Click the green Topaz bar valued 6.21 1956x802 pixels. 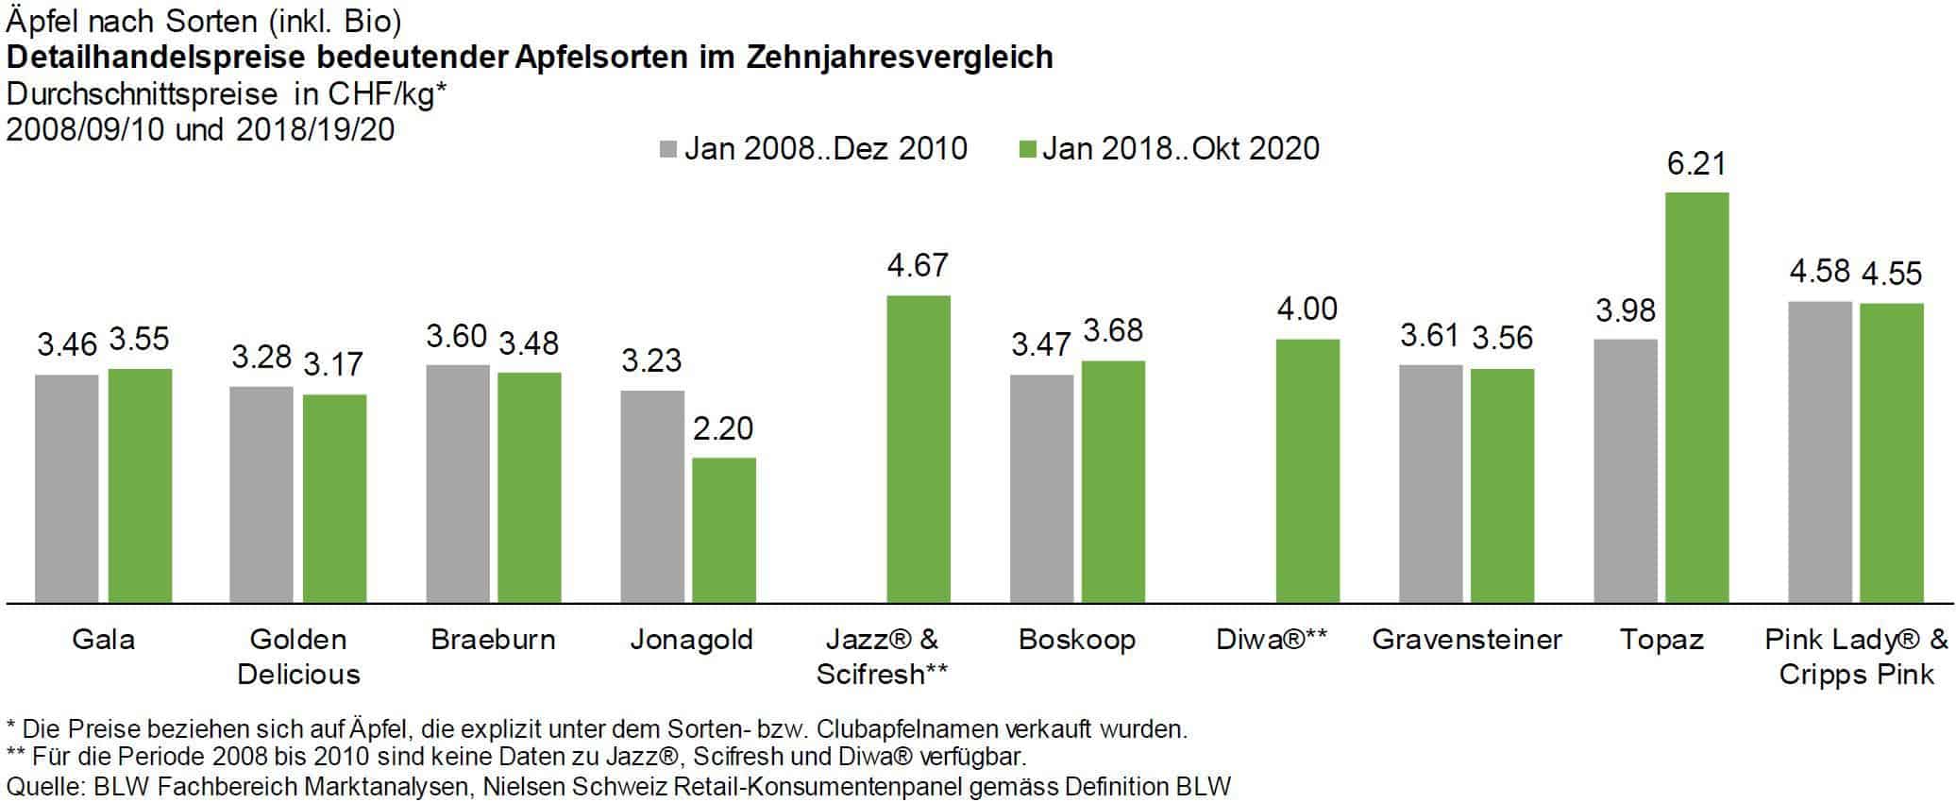click(1696, 397)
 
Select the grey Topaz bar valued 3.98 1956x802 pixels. click(1625, 471)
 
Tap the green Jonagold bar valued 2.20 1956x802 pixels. click(723, 530)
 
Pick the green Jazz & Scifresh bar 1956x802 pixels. click(918, 449)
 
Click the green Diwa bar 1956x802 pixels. click(1307, 471)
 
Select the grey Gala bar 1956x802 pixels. click(66, 489)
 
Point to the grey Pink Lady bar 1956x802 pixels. click(1819, 452)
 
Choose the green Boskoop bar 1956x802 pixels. click(1113, 481)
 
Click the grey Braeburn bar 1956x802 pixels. click(457, 483)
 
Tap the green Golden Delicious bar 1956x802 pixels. click(334, 498)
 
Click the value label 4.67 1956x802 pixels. click(917, 265)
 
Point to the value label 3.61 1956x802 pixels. click(1429, 335)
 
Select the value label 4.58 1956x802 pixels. click(1819, 272)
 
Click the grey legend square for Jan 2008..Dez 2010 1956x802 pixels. click(668, 150)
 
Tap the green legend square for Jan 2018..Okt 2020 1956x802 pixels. click(1028, 150)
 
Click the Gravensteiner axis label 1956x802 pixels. click(1466, 640)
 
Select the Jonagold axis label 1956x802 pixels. click(691, 640)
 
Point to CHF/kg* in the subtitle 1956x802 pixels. click(386, 94)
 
